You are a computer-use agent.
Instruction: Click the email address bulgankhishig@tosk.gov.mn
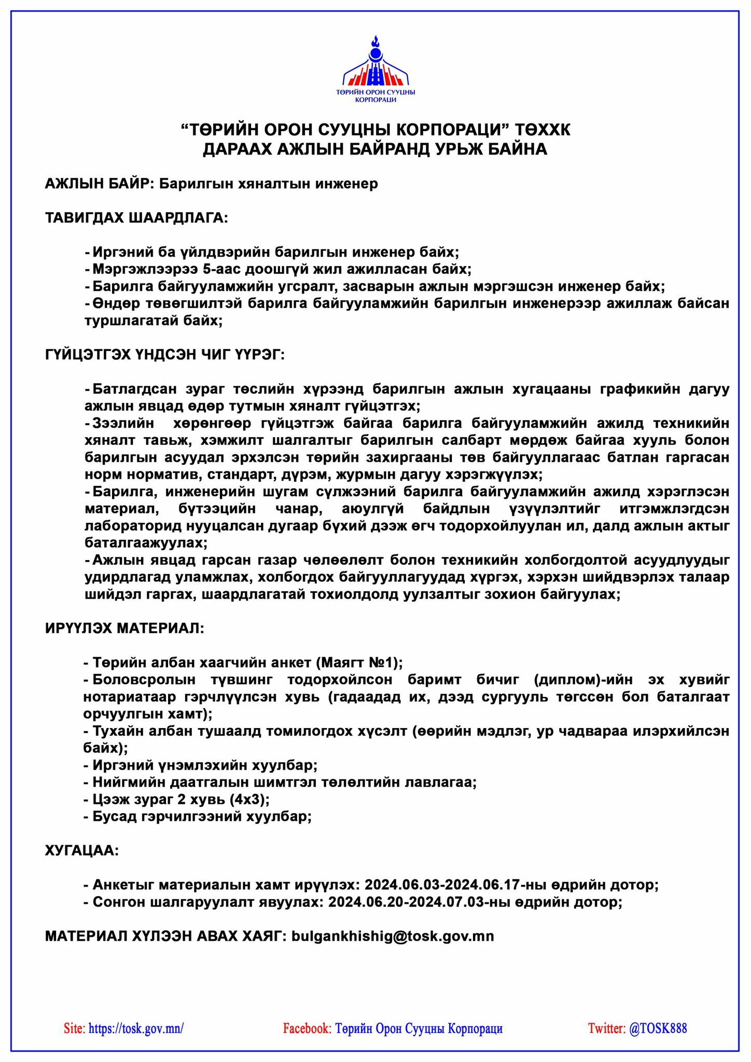point(393,936)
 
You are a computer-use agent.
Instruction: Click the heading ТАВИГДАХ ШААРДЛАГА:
point(136,218)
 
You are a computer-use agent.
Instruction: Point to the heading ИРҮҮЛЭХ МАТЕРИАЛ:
point(124,628)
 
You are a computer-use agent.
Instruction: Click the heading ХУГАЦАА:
point(82,851)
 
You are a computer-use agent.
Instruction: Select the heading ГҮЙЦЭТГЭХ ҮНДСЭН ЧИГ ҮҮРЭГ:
point(165,355)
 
